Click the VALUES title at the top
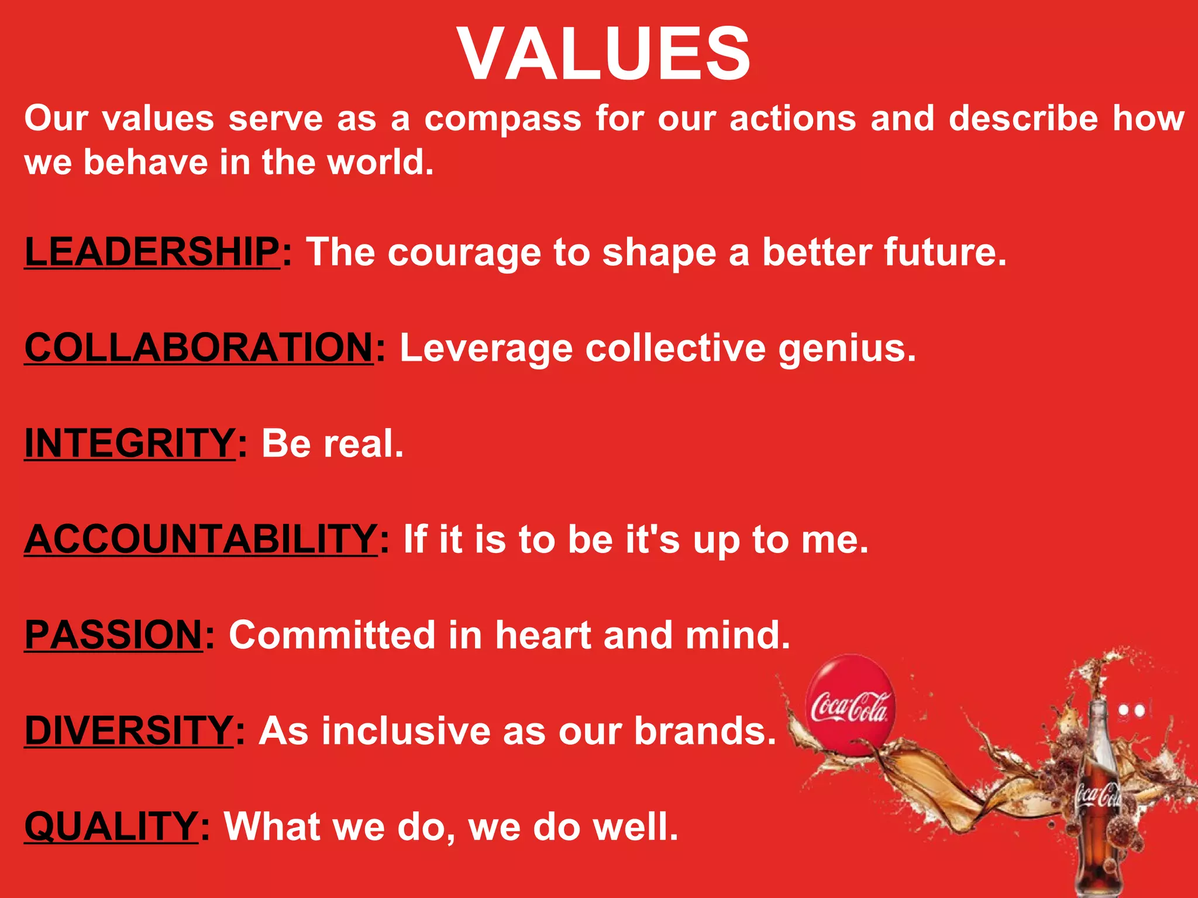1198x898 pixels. coord(604,54)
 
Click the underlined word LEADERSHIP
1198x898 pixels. coord(152,251)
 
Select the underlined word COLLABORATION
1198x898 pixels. coord(199,347)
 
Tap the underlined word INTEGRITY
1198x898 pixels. coord(130,443)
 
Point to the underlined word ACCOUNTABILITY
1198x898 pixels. coord(201,538)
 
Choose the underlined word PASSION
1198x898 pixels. coord(113,634)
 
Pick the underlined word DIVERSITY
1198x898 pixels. coord(129,730)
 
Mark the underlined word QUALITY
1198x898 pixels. coord(111,826)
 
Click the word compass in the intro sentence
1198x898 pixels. coord(503,119)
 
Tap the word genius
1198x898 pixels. coord(846,348)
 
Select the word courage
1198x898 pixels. coord(464,254)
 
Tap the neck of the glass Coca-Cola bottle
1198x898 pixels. coord(1098,731)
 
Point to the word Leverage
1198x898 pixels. coord(486,350)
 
